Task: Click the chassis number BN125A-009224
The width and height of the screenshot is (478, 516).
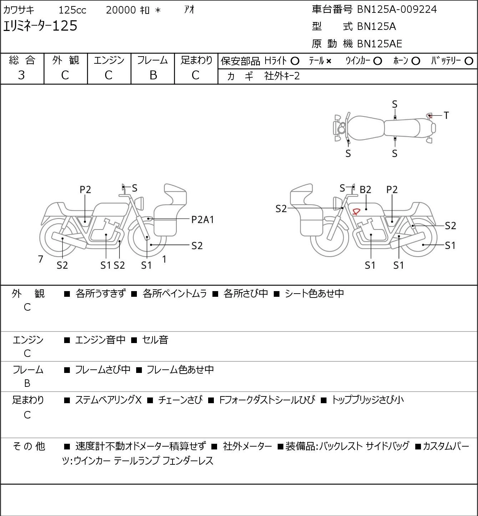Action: coord(397,9)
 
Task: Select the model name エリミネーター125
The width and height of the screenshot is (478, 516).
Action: coord(40,26)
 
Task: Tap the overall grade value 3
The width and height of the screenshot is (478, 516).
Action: coord(21,75)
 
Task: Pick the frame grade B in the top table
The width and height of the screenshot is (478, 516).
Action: coord(153,75)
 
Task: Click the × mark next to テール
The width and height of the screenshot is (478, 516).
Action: coord(329,61)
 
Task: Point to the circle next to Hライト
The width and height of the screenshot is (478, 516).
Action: coord(295,61)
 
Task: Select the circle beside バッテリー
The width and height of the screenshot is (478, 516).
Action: coord(469,61)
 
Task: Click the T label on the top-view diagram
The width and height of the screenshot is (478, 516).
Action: coord(446,115)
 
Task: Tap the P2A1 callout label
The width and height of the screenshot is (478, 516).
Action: coord(202,220)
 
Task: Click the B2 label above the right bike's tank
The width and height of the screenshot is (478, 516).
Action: coord(365,190)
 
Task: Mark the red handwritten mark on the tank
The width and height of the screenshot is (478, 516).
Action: coord(356,211)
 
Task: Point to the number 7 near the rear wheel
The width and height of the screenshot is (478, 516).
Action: coord(40,259)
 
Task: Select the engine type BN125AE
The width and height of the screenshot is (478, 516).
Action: coord(380,44)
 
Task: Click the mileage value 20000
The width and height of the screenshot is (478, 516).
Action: coord(121,10)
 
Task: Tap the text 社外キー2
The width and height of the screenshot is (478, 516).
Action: coord(282,76)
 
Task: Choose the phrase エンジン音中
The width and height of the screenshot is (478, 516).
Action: coord(100,340)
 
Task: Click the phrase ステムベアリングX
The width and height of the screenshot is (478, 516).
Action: coord(108,400)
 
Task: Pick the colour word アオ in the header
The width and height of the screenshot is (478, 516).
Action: coord(189,10)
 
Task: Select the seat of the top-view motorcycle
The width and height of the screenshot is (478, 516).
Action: coord(402,128)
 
